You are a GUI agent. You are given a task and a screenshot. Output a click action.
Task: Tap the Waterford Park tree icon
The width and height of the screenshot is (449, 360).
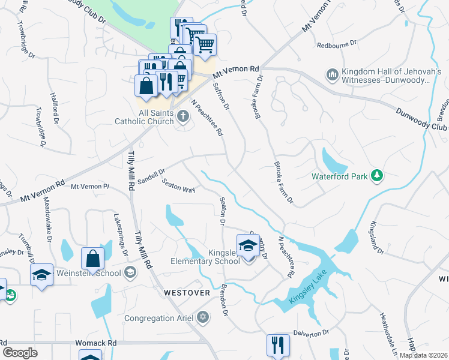coord(377,176)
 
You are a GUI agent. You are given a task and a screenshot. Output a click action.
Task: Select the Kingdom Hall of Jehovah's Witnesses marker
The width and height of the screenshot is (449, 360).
coord(332,75)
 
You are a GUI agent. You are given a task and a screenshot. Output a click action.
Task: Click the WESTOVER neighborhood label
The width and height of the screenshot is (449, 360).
coord(187,293)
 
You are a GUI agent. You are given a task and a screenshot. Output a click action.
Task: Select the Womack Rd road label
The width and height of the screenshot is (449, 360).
coord(96,343)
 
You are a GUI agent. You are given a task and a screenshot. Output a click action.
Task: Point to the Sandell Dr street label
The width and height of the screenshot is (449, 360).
coord(151,176)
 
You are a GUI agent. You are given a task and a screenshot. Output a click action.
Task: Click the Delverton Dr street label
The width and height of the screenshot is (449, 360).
coord(312,332)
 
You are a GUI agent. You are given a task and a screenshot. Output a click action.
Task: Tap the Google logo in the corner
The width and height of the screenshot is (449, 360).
coord(20,352)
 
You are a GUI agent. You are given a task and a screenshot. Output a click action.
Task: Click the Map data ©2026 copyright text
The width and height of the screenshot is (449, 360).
coord(423,355)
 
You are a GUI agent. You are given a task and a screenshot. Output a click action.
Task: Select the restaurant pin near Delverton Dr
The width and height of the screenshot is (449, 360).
coord(278,346)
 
